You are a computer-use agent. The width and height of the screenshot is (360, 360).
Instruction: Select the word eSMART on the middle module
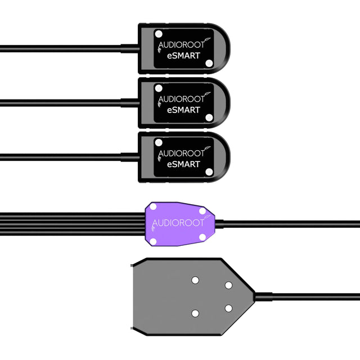pyautogui.click(x=184, y=110)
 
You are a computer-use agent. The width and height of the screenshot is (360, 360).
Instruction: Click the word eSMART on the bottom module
pyautogui.click(x=184, y=164)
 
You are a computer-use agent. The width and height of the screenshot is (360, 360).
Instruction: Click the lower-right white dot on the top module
pyautogui.click(x=209, y=64)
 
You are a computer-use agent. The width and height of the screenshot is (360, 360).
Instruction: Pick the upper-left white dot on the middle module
pyautogui.click(x=159, y=89)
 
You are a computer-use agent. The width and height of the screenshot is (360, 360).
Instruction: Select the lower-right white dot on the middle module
pyautogui.click(x=209, y=118)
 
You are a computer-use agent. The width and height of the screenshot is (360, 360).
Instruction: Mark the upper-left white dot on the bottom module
pyautogui.click(x=159, y=143)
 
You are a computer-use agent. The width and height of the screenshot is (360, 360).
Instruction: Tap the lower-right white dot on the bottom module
pyautogui.click(x=209, y=172)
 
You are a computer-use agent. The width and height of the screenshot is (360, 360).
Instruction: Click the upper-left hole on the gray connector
pyautogui.click(x=195, y=280)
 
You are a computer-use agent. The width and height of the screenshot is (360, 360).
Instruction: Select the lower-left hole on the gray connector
pyautogui.click(x=195, y=313)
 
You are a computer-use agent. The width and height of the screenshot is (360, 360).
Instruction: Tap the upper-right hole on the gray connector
pyautogui.click(x=228, y=285)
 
